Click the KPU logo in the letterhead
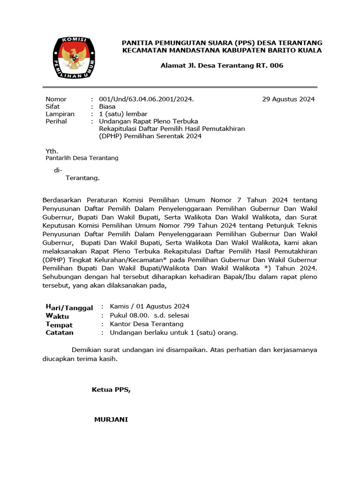[73, 58]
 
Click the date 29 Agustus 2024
[288, 99]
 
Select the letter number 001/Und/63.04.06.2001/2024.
[146, 99]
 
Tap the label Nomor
[56, 99]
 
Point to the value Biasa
[107, 106]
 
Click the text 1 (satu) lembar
[123, 114]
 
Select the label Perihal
[56, 121]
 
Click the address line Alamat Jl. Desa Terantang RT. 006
[222, 65]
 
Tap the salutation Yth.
[52, 151]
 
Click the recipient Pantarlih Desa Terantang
[82, 158]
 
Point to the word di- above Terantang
[58, 170]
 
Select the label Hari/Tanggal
[69, 307]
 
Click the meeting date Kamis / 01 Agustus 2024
[149, 307]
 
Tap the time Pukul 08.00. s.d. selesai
[149, 315]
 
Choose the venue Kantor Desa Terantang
[146, 324]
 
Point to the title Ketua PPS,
[111, 390]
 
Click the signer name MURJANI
[111, 420]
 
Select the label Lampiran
[60, 114]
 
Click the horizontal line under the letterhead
[180, 87]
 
